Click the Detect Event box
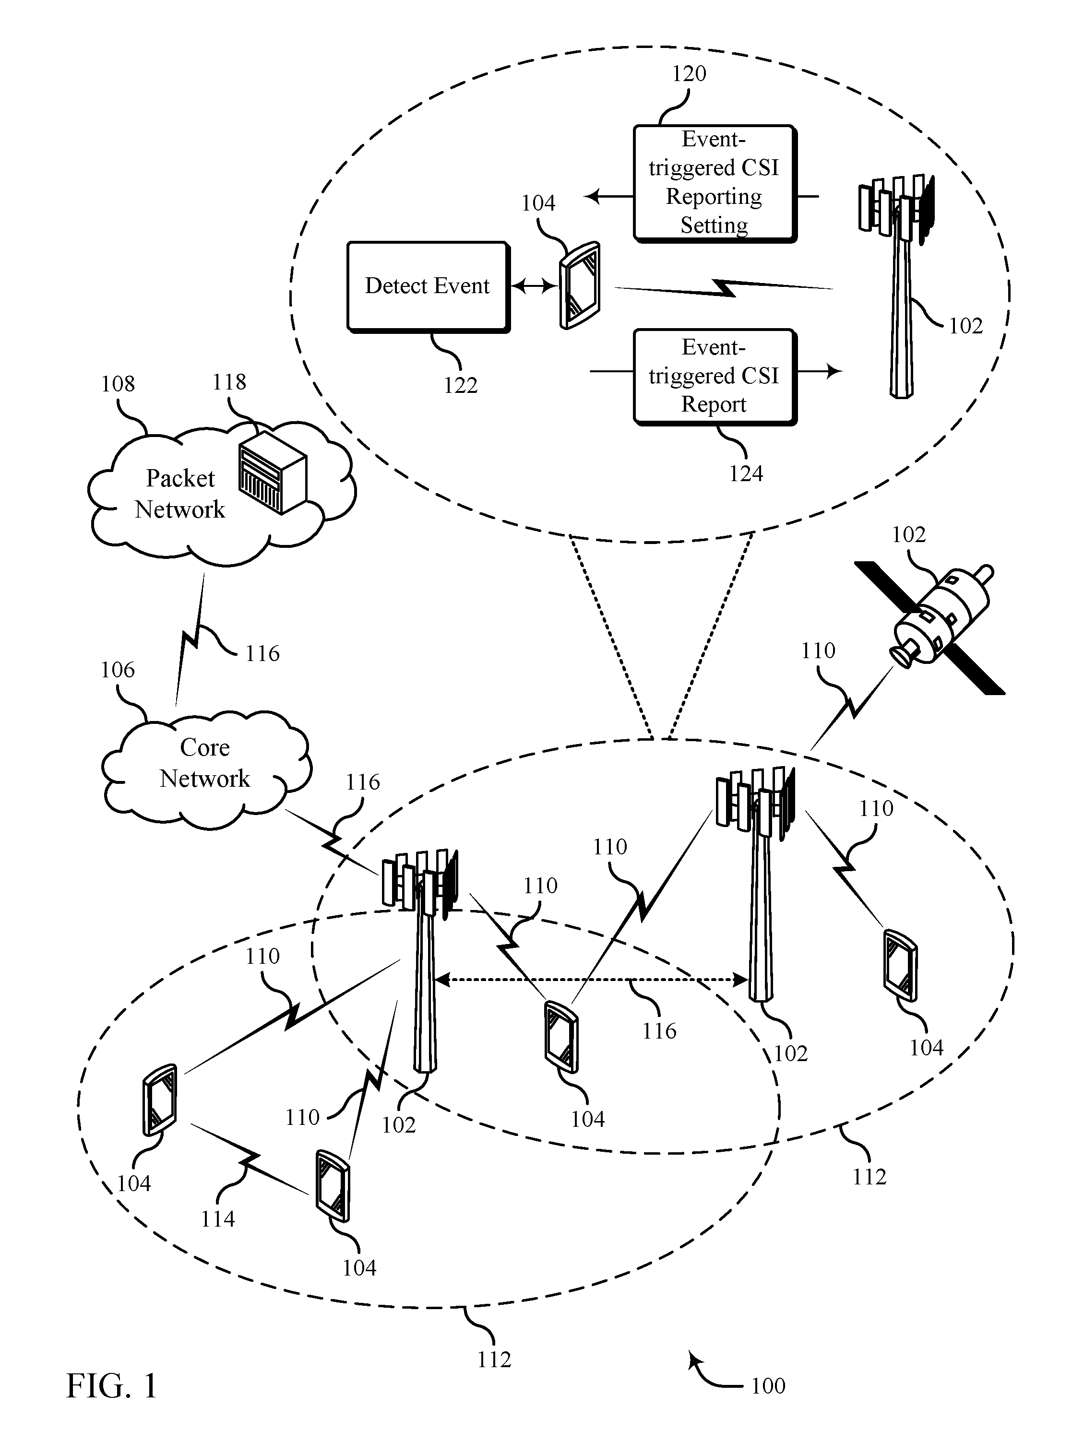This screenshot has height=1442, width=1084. tap(428, 287)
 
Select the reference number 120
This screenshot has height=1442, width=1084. tap(689, 74)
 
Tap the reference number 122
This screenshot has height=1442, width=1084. tap(461, 385)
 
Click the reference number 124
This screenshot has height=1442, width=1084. tap(746, 473)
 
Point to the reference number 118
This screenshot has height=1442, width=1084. tap(229, 382)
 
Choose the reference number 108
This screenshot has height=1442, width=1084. tap(118, 384)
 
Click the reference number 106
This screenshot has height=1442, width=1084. tap(118, 670)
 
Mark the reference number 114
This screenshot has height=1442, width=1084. tap(217, 1218)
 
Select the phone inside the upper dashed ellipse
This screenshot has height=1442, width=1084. tap(579, 285)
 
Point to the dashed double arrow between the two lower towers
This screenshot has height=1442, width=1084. tap(591, 979)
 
